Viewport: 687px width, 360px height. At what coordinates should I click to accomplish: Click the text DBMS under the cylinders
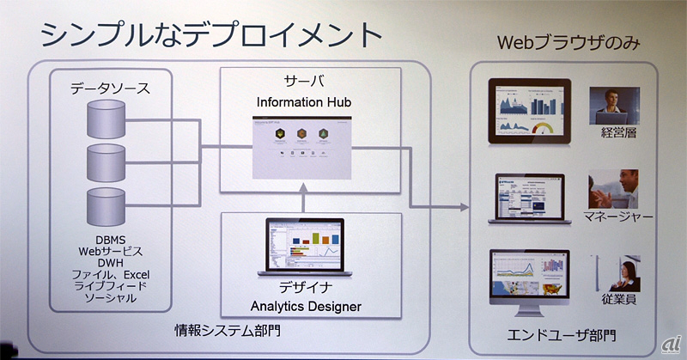108,241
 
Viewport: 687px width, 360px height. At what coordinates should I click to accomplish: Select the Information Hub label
304,102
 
